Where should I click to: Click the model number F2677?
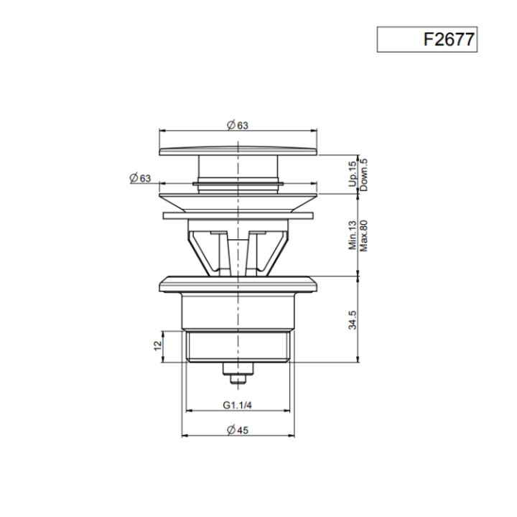tap(448, 39)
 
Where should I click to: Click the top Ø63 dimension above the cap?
tap(238, 124)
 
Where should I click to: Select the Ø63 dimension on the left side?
tap(141, 178)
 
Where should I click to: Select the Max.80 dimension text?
tap(364, 234)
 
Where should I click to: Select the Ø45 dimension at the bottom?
tap(238, 429)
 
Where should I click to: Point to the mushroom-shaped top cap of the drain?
tap(238, 150)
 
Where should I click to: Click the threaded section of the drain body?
tap(237, 346)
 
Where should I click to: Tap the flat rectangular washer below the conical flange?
tap(238, 215)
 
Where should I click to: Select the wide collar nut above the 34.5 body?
tap(238, 282)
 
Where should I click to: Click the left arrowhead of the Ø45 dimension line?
tap(185, 436)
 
